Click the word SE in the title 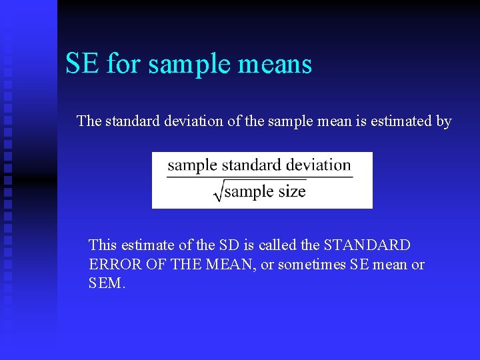82,64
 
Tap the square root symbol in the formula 218,192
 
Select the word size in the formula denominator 291,192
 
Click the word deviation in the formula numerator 313,165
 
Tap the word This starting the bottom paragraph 102,245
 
